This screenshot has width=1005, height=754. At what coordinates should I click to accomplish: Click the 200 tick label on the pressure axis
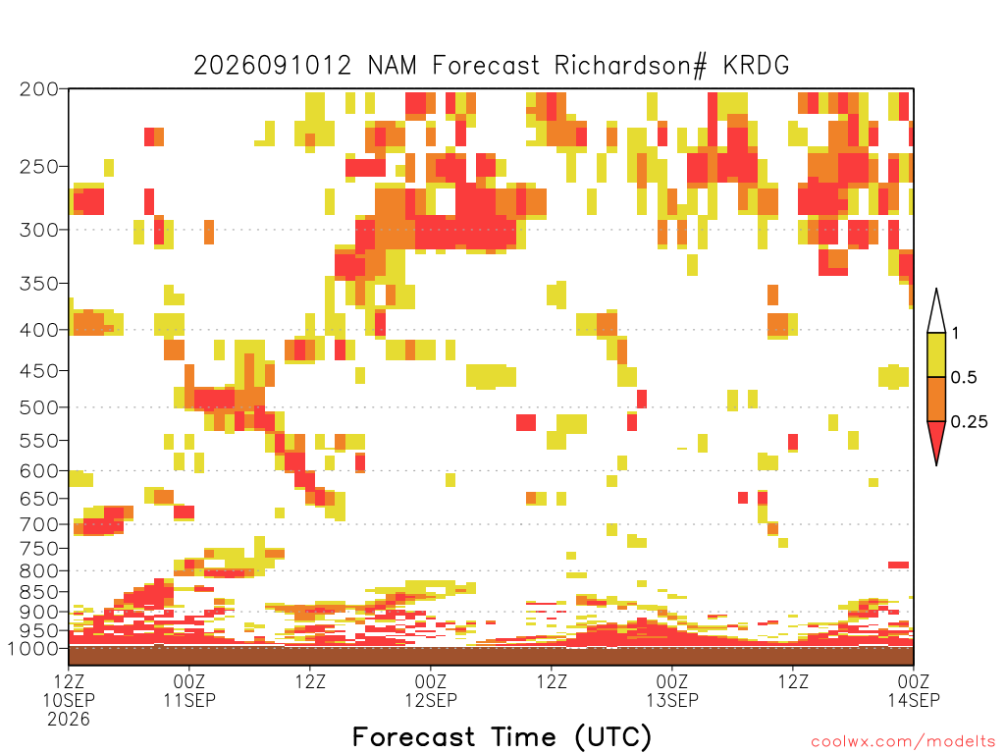point(39,89)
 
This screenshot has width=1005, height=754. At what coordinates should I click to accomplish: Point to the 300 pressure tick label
point(39,230)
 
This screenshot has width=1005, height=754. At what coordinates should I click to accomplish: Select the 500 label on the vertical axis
point(39,407)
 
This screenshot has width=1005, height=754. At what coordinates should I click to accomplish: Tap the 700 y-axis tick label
point(39,524)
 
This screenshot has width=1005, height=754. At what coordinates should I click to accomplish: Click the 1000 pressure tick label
point(33,648)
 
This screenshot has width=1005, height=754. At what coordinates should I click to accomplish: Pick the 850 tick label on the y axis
point(39,592)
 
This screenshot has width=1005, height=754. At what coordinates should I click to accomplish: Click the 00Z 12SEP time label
point(431,690)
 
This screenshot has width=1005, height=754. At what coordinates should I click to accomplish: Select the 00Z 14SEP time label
point(914,690)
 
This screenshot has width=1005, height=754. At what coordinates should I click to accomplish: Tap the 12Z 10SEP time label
point(69,690)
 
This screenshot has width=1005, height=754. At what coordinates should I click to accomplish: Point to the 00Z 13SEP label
point(672,690)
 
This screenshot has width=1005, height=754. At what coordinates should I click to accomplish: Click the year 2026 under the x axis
point(69,720)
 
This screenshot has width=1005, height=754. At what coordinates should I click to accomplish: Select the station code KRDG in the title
point(757,66)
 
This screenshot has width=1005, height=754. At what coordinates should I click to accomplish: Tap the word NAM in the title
point(393,66)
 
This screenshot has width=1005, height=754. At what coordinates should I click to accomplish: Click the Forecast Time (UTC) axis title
point(502,737)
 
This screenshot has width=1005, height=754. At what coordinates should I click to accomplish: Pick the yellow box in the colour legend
point(936,354)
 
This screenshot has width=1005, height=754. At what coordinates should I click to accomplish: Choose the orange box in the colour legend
point(936,399)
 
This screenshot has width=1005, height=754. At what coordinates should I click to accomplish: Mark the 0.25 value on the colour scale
point(969,422)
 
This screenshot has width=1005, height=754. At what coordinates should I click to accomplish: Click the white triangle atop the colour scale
point(936,311)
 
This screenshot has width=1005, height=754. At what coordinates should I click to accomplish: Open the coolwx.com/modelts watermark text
point(903,742)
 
